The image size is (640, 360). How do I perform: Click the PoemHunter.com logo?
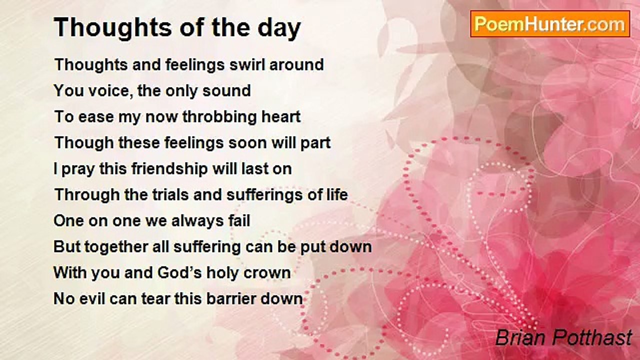pos(550,24)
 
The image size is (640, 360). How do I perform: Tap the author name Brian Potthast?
pos(563,337)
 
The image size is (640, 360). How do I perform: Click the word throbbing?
pos(215,117)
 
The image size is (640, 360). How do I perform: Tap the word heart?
pos(277,116)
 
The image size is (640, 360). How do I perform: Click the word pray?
pos(78,169)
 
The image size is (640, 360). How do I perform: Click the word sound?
pos(226,91)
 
